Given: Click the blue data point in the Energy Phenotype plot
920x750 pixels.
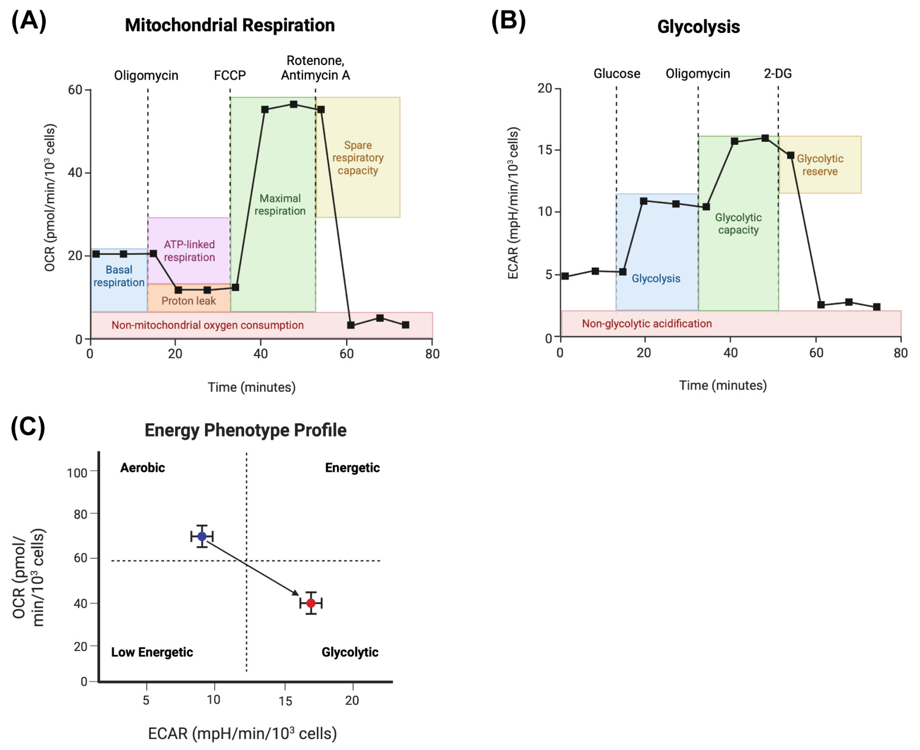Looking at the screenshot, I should pos(202,536).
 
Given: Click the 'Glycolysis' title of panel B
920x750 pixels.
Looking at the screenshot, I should pos(698,27).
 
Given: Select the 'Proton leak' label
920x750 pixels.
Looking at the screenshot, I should pos(188,301).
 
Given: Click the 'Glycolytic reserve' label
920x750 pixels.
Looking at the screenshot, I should pos(820,165).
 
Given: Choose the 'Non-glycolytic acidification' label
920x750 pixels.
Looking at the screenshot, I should pos(647,324).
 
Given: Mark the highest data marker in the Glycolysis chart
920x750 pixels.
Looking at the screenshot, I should pos(765,138).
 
